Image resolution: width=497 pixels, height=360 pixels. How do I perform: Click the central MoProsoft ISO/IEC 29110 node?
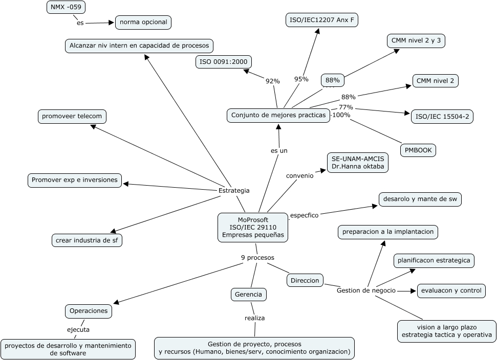point(253,228)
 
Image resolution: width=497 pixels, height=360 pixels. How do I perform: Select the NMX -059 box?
point(66,7)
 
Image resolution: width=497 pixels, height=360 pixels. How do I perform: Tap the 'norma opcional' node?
point(143,22)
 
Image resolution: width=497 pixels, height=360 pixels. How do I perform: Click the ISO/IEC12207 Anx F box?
point(321,20)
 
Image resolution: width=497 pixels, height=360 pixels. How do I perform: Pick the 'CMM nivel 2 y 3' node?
point(415,41)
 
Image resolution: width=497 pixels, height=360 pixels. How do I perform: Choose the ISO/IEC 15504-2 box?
point(442,117)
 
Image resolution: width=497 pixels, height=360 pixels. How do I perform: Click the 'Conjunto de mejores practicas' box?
point(278,116)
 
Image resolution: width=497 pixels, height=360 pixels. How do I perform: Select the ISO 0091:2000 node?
point(224,62)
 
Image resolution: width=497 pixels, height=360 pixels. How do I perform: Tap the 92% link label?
point(272,81)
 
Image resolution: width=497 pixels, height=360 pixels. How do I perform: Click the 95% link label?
point(301,79)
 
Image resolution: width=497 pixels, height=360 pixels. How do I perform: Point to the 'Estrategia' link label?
point(234,190)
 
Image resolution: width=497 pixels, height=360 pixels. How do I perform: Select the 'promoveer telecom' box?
point(72,116)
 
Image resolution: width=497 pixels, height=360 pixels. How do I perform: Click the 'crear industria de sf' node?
point(87,240)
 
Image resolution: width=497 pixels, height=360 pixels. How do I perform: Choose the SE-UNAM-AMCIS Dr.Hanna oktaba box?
point(358,163)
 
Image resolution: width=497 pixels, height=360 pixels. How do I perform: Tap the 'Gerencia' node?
point(248,295)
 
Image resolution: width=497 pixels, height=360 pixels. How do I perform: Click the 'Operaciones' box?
point(89,310)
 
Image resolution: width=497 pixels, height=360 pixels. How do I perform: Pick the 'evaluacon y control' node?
point(451,290)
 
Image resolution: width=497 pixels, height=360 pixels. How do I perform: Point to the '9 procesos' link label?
point(257,257)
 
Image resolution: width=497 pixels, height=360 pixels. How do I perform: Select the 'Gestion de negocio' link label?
point(366,290)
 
